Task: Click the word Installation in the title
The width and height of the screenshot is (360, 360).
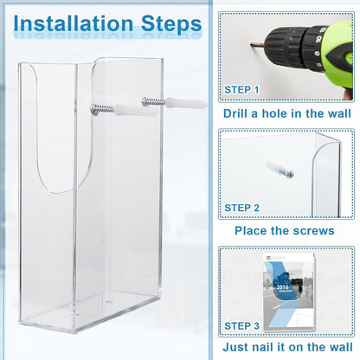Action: pyautogui.click(x=74, y=23)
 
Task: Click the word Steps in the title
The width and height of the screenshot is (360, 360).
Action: pyautogui.click(x=171, y=24)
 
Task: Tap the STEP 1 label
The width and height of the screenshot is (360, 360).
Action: pyautogui.click(x=241, y=90)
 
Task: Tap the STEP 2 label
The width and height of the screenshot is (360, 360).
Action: pyautogui.click(x=241, y=208)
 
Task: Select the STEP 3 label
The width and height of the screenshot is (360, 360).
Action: pyautogui.click(x=241, y=325)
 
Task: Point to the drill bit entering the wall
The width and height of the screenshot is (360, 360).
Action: pyautogui.click(x=257, y=45)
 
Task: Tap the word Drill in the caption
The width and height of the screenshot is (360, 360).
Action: pyautogui.click(x=235, y=113)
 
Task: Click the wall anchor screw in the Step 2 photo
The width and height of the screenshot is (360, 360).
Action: pyautogui.click(x=280, y=170)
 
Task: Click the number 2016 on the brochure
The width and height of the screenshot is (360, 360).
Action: pyautogui.click(x=282, y=287)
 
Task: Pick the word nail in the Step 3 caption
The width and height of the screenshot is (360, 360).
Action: pyautogui.click(x=263, y=347)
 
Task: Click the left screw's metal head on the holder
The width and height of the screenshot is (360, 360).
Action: pyautogui.click(x=94, y=109)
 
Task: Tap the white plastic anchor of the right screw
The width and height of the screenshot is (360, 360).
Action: pyautogui.click(x=186, y=103)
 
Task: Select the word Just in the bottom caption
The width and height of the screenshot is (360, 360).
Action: pyautogui.click(x=235, y=347)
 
